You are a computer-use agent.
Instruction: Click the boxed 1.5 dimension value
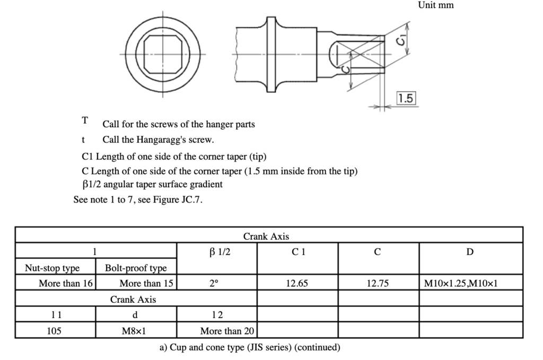click(406, 98)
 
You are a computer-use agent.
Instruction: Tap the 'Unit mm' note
click(436, 5)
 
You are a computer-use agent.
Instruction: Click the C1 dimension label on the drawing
click(404, 39)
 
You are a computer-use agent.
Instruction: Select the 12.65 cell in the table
click(297, 284)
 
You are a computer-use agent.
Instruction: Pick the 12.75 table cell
click(378, 284)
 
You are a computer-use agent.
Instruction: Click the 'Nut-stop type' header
click(52, 268)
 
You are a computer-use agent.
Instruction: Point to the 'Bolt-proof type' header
click(136, 268)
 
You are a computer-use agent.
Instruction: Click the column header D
click(470, 252)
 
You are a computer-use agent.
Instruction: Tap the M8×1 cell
click(136, 331)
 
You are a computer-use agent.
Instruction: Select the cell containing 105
click(54, 331)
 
